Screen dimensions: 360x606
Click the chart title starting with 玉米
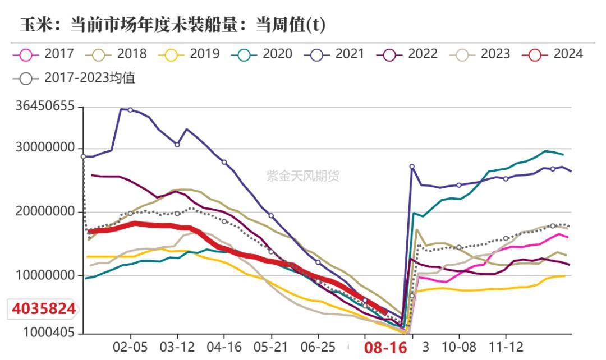(x=173, y=25)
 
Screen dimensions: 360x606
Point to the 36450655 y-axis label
(x=45, y=107)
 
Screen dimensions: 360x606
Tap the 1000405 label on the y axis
(x=49, y=333)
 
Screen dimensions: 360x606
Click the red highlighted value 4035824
(x=43, y=309)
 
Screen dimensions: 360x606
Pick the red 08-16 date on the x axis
(x=385, y=348)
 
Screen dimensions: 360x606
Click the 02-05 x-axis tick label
(x=130, y=347)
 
